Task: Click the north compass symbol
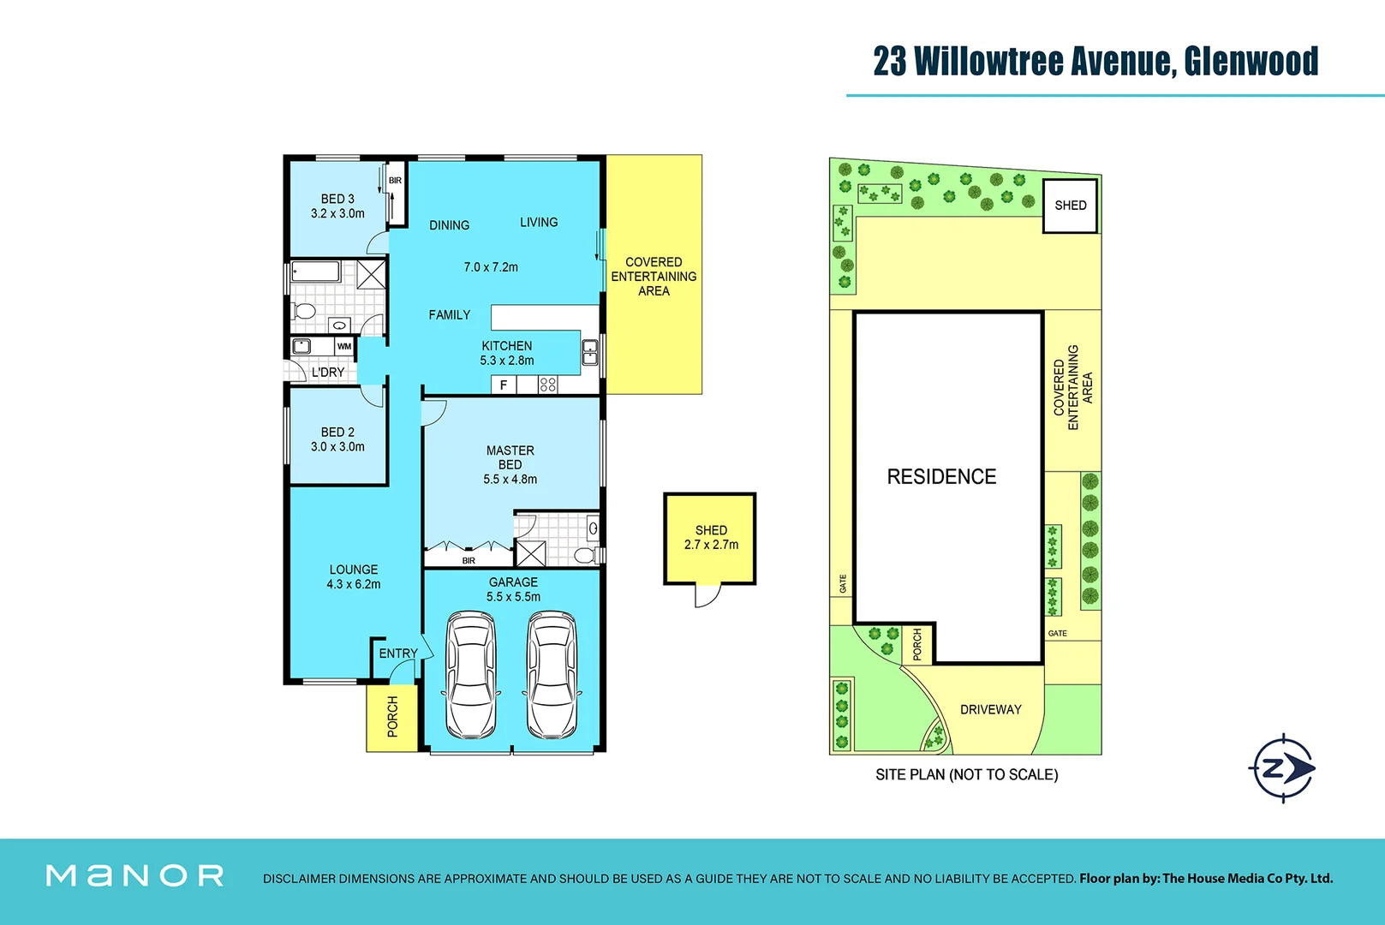coord(1281,768)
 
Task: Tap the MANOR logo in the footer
coord(134,875)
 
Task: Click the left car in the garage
coord(470,675)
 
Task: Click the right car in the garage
coord(552,675)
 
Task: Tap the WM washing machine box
coord(344,346)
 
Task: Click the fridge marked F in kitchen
coord(504,385)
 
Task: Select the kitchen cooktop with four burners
coord(548,385)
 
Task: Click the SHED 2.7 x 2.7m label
coord(711,537)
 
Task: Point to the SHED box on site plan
coord(1070,206)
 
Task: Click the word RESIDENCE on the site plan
coord(941,477)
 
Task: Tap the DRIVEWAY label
coord(990,709)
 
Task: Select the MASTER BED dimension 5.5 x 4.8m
coord(510,480)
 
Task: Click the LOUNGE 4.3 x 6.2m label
coord(353,576)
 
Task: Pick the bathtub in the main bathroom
coord(315,272)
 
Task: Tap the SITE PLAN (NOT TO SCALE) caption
coord(966,774)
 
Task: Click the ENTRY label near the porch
coord(398,653)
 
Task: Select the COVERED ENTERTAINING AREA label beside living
coord(654,276)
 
